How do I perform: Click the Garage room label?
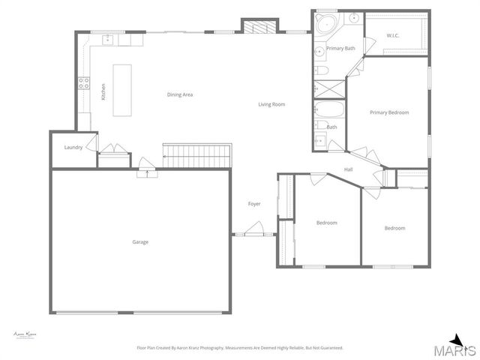[140, 241]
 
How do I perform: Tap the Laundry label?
[73, 147]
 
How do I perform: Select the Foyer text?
[254, 204]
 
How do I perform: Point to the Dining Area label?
[180, 94]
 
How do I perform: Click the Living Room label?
[271, 104]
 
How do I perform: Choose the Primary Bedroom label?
[389, 112]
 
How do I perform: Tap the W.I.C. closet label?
[393, 35]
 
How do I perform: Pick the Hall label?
[349, 169]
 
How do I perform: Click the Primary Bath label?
[340, 48]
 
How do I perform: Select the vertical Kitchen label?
[103, 91]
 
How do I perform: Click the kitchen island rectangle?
[122, 90]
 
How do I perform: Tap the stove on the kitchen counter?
[85, 84]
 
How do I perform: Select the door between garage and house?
[147, 174]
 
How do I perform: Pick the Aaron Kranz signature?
[25, 334]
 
